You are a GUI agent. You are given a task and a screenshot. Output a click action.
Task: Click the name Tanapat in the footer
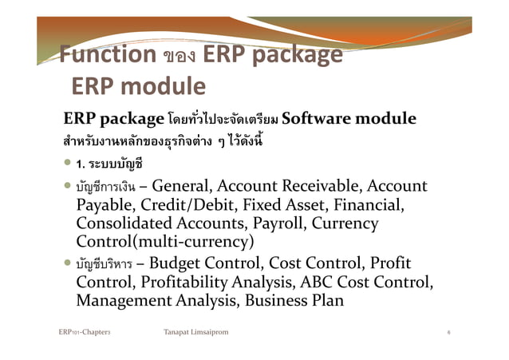[x=177, y=330]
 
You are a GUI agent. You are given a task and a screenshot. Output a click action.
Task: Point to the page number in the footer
[x=450, y=330]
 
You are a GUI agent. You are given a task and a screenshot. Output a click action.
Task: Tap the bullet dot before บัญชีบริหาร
[x=68, y=264]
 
